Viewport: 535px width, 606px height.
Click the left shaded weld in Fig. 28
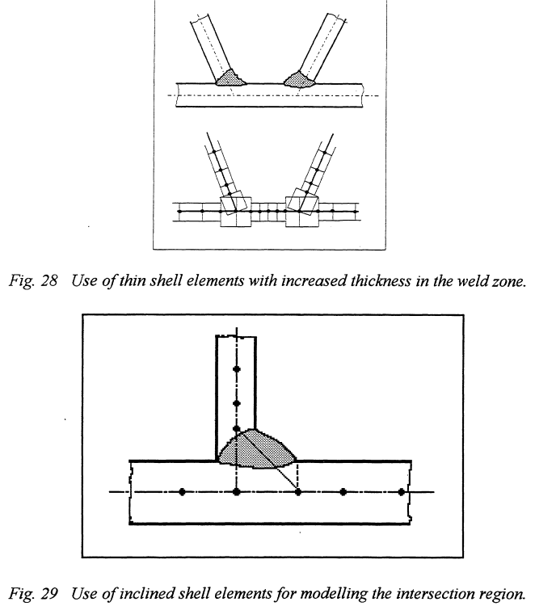click(x=232, y=78)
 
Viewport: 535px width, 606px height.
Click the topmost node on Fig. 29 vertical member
click(x=236, y=368)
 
